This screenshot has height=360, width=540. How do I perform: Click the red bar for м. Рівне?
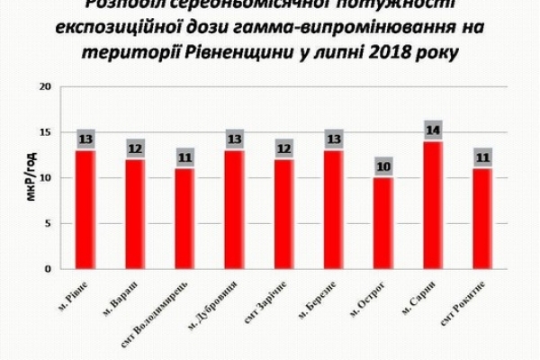click(86, 209)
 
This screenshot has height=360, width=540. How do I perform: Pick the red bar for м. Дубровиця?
click(233, 209)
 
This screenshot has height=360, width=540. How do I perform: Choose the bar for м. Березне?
click(332, 209)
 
